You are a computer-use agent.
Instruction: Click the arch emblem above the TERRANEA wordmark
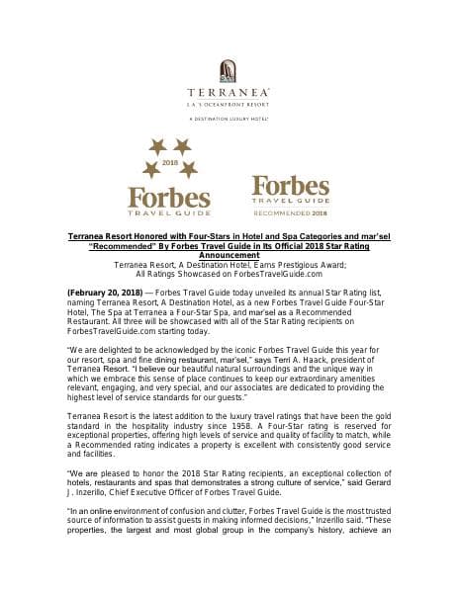click(229, 72)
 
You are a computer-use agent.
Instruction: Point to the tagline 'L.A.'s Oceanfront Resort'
click(229, 105)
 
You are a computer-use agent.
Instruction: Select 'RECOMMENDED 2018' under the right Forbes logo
click(292, 211)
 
